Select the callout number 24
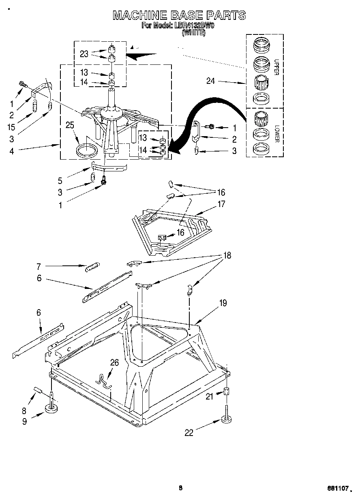(x=210, y=81)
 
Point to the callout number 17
(x=221, y=204)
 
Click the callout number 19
(x=223, y=303)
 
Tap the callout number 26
(x=115, y=363)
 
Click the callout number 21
(x=209, y=397)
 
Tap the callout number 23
(x=84, y=53)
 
